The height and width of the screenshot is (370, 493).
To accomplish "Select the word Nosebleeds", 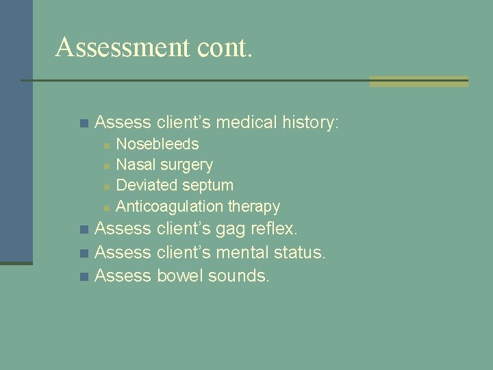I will click(x=157, y=144).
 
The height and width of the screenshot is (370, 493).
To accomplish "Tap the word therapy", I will click(x=254, y=206).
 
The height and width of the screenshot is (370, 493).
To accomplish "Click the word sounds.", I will click(x=239, y=275).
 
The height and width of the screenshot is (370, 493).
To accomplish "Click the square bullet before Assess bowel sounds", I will click(x=84, y=277).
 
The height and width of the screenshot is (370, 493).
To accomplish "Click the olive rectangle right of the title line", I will click(x=418, y=82).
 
